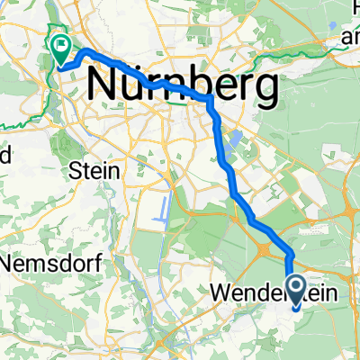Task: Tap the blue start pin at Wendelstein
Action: [297, 268]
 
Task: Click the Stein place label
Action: [88, 168]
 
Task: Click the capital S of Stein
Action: [73, 168]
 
